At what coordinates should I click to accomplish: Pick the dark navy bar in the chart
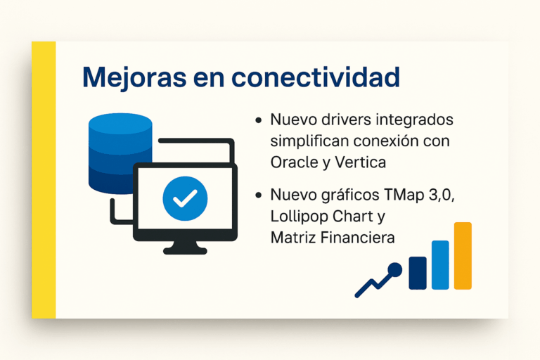[418, 272]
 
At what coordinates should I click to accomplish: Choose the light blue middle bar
[440, 264]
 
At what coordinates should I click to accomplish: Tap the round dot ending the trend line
[394, 269]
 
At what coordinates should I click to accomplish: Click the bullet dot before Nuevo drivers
[259, 120]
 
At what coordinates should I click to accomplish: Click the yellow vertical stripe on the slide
[44, 180]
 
